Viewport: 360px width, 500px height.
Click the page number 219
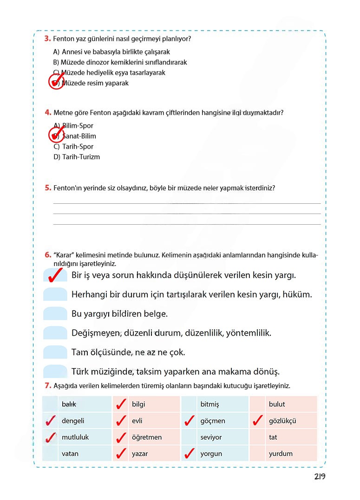click(319, 477)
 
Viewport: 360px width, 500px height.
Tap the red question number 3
click(47, 39)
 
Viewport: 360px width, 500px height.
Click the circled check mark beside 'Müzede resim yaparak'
click(56, 83)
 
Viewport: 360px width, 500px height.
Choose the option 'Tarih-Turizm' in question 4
click(77, 157)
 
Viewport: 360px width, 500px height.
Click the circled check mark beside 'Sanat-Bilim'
click(56, 135)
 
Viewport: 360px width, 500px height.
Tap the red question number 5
click(47, 188)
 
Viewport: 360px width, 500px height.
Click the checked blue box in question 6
click(55, 275)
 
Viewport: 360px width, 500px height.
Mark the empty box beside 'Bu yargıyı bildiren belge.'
click(55, 314)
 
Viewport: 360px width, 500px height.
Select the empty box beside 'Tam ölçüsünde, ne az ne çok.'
click(55, 352)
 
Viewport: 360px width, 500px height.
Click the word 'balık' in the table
click(69, 404)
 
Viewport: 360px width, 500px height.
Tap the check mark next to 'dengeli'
click(49, 421)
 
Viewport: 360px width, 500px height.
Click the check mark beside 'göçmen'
click(189, 421)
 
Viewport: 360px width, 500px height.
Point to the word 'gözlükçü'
click(282, 421)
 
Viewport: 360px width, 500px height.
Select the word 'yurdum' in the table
click(281, 454)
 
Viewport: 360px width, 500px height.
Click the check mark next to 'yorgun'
click(189, 454)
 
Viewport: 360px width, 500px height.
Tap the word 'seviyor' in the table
click(211, 437)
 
